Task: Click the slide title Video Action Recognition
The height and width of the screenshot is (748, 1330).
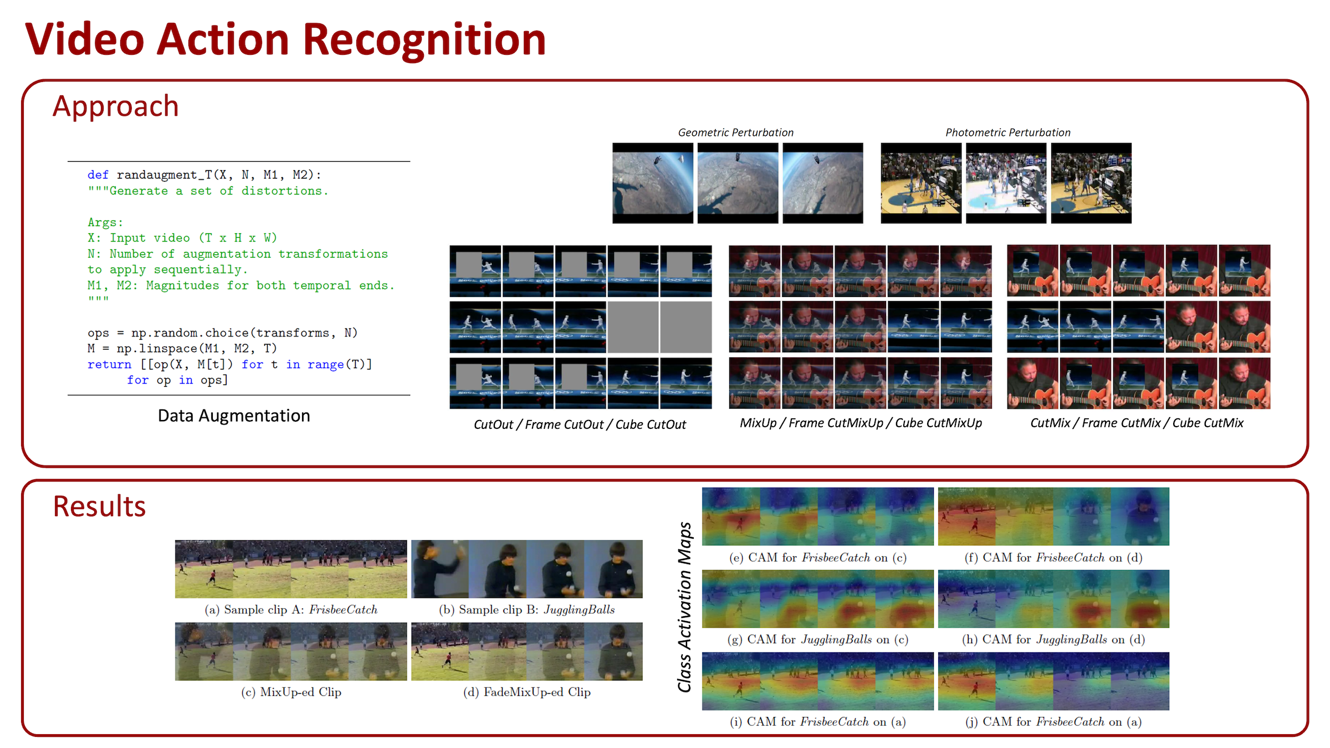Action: point(285,40)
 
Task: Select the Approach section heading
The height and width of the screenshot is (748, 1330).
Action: point(116,106)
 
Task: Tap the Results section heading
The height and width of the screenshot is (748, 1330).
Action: point(99,506)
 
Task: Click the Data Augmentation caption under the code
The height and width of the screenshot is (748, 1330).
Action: point(234,416)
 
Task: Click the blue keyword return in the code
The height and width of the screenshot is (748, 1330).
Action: point(109,365)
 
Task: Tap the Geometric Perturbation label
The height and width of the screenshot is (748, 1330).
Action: point(736,132)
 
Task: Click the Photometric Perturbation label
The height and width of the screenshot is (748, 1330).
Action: point(1008,132)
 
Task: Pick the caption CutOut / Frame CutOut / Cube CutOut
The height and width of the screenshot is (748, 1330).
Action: point(580,424)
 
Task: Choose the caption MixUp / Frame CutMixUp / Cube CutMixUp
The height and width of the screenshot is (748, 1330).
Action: point(861,423)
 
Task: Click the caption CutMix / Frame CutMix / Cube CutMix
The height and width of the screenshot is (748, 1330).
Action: point(1137,423)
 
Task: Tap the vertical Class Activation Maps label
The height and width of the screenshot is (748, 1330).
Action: point(685,607)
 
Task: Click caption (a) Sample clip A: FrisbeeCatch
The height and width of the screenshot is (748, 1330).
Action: point(291,609)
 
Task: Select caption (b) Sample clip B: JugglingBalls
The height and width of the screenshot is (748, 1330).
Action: point(527,609)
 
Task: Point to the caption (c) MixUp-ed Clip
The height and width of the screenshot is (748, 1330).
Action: point(291,692)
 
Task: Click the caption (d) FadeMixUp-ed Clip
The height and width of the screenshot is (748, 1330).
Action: point(527,692)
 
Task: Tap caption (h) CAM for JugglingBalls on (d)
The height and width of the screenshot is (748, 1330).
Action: point(1053,639)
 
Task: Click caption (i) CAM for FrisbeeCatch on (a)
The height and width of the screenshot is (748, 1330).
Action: point(818,721)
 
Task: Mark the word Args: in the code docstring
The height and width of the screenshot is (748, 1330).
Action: point(105,223)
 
